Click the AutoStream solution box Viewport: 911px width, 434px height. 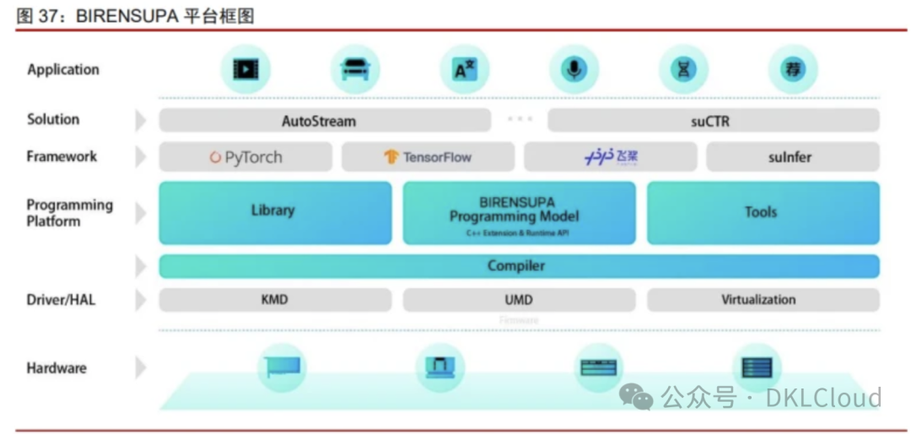point(325,121)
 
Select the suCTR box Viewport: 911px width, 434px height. point(713,121)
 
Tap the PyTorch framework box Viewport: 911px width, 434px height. point(246,157)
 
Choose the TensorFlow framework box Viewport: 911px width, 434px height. point(428,157)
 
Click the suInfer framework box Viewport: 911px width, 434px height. point(792,157)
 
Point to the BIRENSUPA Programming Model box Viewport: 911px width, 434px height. point(519,213)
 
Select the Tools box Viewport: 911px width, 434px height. point(763,212)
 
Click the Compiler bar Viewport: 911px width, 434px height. point(519,266)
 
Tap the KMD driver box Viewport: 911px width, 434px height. point(275,299)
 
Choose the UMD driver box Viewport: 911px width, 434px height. point(519,299)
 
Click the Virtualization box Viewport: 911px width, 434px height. point(763,299)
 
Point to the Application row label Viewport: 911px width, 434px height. point(63,70)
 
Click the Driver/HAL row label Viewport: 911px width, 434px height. point(61,299)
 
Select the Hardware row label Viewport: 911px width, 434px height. point(57,368)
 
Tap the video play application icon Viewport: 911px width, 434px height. point(245,69)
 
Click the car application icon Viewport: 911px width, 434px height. point(355,69)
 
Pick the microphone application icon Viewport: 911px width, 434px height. point(574,69)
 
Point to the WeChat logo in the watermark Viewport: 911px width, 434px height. point(635,396)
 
